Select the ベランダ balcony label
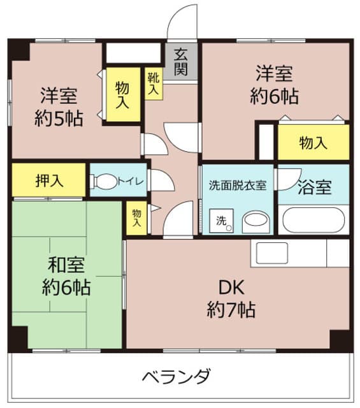point(175,375)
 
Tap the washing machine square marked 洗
point(220,221)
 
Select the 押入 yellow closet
point(48,180)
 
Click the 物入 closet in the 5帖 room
point(121,94)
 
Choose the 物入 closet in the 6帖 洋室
point(313,142)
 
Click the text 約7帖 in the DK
point(231,310)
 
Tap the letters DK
point(231,286)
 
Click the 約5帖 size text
point(59,119)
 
